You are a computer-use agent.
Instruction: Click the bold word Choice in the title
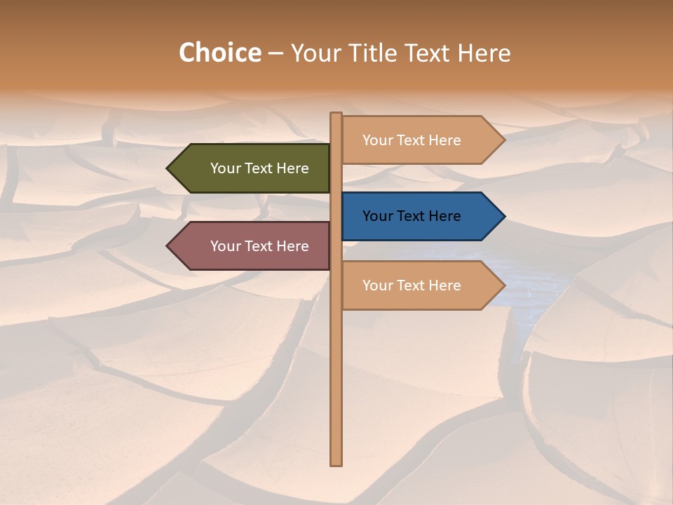click(x=219, y=53)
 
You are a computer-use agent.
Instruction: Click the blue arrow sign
click(x=421, y=216)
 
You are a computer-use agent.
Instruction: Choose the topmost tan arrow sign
click(x=421, y=140)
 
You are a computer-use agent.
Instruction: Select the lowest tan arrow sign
click(x=421, y=285)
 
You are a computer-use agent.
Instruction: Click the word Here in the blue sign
click(x=444, y=216)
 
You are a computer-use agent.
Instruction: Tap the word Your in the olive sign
click(x=225, y=168)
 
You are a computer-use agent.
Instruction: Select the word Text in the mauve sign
click(x=259, y=246)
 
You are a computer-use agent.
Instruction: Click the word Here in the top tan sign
click(x=444, y=140)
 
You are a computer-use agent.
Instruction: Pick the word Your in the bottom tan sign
click(x=377, y=285)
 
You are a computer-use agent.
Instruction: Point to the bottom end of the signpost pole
click(x=336, y=463)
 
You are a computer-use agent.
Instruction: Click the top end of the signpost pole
click(x=336, y=114)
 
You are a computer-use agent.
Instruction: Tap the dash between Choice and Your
click(x=276, y=54)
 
